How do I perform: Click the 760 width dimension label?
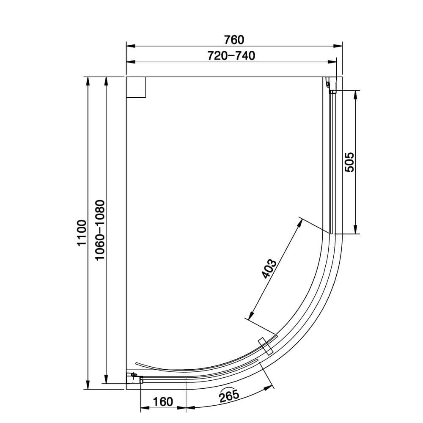(234, 40)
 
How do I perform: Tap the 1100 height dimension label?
(82, 233)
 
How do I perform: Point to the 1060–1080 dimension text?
(100, 231)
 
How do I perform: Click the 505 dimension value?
(349, 162)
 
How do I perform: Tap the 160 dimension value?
(162, 401)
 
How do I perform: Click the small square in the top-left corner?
(136, 88)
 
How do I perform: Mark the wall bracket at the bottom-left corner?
(136, 377)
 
